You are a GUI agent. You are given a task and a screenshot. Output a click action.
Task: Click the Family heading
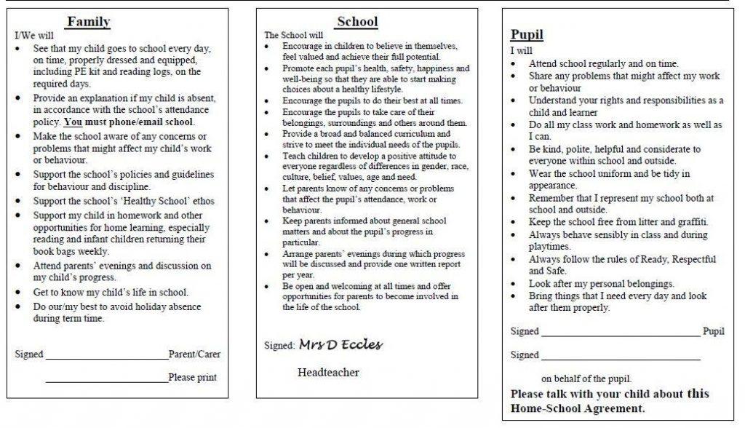coord(88,22)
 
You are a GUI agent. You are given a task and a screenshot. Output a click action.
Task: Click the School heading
coord(357,22)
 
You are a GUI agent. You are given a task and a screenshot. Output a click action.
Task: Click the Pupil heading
coord(526,34)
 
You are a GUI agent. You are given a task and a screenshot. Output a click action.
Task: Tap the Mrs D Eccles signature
coord(340,344)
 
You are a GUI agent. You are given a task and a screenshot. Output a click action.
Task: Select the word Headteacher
coord(328,373)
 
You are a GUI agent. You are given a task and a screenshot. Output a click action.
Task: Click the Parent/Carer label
coord(194,354)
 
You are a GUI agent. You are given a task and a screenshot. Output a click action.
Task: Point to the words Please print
coord(192,377)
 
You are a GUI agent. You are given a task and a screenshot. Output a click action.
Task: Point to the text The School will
coord(293,35)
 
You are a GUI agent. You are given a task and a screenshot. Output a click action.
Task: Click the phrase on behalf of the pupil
coord(586,379)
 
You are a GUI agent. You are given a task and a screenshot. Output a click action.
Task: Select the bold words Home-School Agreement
coord(578,408)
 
